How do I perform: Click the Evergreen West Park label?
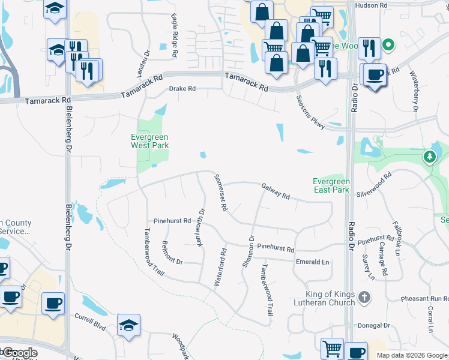(x=149, y=141)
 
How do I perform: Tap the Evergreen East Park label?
(x=331, y=185)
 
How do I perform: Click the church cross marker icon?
(x=363, y=296)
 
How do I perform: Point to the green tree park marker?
(x=429, y=157)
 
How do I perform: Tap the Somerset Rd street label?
(x=220, y=192)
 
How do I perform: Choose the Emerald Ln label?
(x=313, y=262)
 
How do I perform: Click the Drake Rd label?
(x=182, y=89)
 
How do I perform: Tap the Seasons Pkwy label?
(x=310, y=110)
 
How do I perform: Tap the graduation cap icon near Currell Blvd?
(x=128, y=325)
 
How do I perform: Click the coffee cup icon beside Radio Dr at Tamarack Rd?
(x=375, y=74)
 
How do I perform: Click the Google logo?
(x=19, y=353)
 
